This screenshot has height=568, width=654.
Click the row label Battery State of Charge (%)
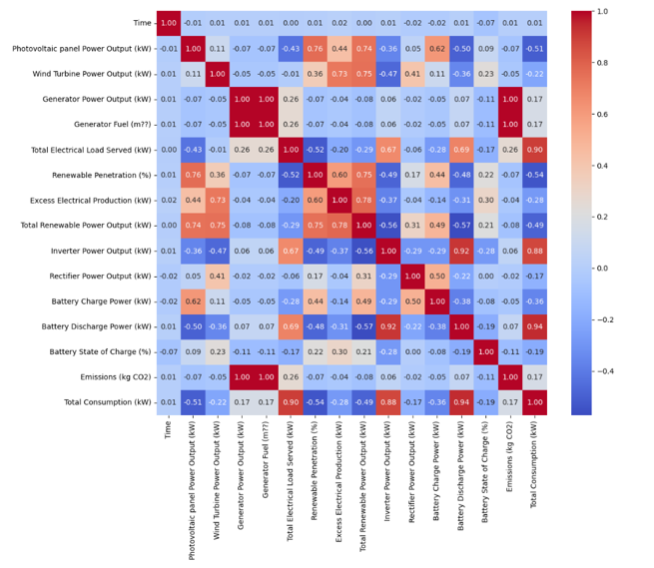95,352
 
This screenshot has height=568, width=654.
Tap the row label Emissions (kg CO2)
108,377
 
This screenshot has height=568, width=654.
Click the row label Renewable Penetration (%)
96,175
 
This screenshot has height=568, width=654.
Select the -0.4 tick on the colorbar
602,370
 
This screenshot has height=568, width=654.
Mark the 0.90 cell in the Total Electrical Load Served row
532,150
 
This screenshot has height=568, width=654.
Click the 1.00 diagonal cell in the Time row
169,23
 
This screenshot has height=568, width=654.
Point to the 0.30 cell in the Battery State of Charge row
337,352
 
